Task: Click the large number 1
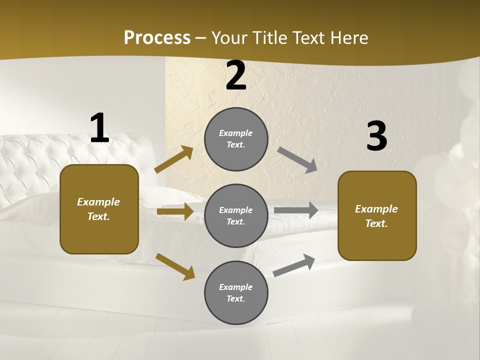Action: click(99, 128)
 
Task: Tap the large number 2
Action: click(236, 75)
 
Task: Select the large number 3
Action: click(376, 136)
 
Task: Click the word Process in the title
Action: click(157, 37)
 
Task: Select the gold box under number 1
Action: click(99, 209)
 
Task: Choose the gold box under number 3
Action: click(377, 215)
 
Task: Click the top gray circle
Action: click(236, 139)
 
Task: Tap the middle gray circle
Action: click(236, 215)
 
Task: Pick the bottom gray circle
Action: click(236, 292)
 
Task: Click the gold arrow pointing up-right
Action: click(174, 159)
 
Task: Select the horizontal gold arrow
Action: click(175, 211)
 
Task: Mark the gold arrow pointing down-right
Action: click(175, 266)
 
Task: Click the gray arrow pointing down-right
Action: click(297, 160)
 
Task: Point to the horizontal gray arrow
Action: click(296, 210)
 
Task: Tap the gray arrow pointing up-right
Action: click(294, 265)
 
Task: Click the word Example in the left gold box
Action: click(98, 202)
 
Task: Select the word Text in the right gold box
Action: click(376, 223)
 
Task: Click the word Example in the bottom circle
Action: click(236, 287)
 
